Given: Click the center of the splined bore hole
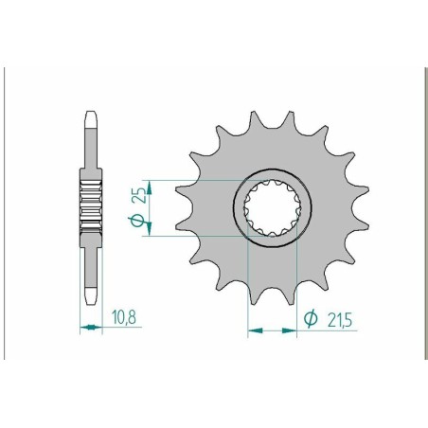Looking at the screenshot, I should (271, 205).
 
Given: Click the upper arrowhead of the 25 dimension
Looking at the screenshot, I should (148, 183).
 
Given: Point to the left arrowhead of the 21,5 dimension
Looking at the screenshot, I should (252, 331).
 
